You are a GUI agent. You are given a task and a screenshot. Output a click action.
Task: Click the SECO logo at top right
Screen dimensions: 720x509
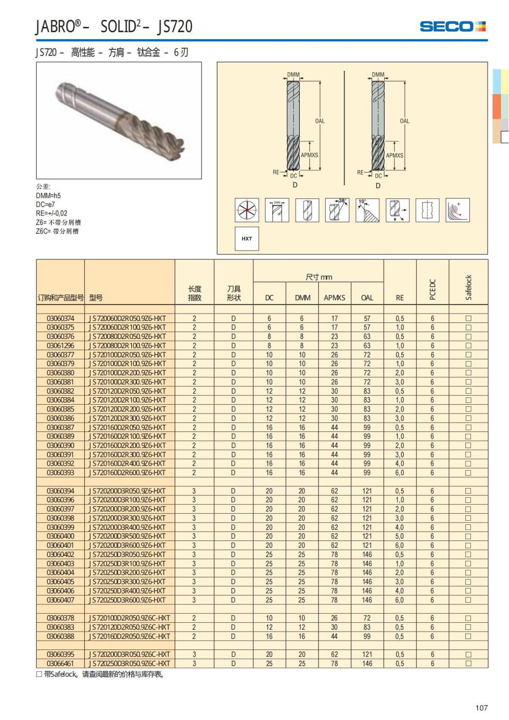coord(452,26)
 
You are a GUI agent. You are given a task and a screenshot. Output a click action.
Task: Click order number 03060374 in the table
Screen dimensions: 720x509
coord(60,318)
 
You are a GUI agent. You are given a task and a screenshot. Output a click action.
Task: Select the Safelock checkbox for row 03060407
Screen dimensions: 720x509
coord(468,600)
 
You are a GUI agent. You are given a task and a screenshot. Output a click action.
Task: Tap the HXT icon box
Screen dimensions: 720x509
coord(247,238)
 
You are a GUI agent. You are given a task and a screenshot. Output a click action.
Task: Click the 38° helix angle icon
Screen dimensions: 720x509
coord(337,210)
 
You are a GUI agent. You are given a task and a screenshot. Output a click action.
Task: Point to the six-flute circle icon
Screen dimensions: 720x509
coord(247,210)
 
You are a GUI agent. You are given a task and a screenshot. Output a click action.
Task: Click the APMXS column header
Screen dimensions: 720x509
coord(334,298)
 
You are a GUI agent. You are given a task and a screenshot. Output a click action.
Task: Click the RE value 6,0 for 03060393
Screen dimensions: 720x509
coord(400,473)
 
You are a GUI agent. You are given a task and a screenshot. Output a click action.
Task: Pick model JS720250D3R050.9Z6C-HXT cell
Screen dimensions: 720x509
coord(129,664)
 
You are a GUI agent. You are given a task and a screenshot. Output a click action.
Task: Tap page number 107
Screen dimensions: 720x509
coord(481,708)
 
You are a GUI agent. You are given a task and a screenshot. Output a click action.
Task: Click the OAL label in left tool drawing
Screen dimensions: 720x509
coord(320,121)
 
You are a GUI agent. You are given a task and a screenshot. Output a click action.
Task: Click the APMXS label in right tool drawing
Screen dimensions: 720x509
coord(394,155)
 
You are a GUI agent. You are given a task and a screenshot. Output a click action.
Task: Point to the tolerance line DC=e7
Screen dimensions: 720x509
coord(45,205)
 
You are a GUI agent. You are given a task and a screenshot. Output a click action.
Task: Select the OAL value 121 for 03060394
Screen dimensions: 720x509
coord(367,491)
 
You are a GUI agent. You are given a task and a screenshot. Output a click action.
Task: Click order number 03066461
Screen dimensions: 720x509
coord(60,664)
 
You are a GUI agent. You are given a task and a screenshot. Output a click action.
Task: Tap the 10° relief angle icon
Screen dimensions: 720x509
coord(367,210)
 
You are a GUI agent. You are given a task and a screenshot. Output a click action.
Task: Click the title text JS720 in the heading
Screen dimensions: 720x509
coord(175,27)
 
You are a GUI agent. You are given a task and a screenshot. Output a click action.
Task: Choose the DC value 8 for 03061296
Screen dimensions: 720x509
coord(269,345)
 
